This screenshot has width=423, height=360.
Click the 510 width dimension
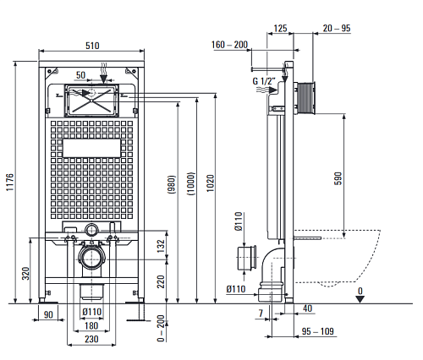click(x=92, y=46)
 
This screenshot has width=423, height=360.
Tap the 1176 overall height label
click(x=10, y=183)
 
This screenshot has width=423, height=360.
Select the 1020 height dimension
click(x=211, y=183)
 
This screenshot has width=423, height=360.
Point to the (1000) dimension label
click(x=191, y=183)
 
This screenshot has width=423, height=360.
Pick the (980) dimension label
click(x=172, y=184)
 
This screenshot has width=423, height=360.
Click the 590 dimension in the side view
click(x=338, y=178)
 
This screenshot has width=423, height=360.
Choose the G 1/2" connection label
click(x=264, y=81)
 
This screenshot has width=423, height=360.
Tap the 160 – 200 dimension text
click(x=229, y=45)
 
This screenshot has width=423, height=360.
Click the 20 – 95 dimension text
click(x=337, y=28)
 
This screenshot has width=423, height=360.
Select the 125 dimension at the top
click(x=280, y=28)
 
